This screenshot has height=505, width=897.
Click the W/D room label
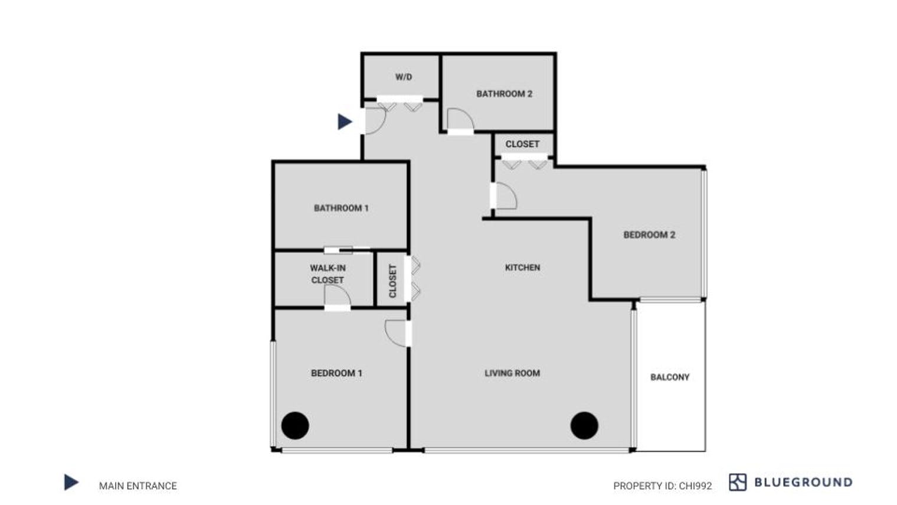[x=404, y=77]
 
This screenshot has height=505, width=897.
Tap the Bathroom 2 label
[x=504, y=93]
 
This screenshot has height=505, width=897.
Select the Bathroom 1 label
[x=341, y=208]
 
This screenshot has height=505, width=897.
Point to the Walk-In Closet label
[x=328, y=274]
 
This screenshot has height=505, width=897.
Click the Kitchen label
[x=522, y=268]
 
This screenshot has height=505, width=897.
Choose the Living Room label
[x=512, y=373]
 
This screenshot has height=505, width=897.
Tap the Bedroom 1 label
[x=336, y=373]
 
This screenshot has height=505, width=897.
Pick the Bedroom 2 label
[x=649, y=235]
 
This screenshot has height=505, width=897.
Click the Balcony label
[x=670, y=377]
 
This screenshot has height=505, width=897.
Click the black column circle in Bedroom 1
[x=295, y=425]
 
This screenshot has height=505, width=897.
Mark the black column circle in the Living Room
[x=584, y=425]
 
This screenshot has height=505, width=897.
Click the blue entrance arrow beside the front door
[x=344, y=122]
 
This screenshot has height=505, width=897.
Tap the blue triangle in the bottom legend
[x=71, y=483]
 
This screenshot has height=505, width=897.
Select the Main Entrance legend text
[x=138, y=486]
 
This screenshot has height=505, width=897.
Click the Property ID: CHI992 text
[x=662, y=486]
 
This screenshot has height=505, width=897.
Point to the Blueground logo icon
[x=738, y=483]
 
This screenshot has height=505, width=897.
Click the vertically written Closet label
[x=392, y=281]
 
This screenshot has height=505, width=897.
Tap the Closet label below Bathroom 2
[x=522, y=144]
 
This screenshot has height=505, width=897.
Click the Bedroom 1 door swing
[x=396, y=333]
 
